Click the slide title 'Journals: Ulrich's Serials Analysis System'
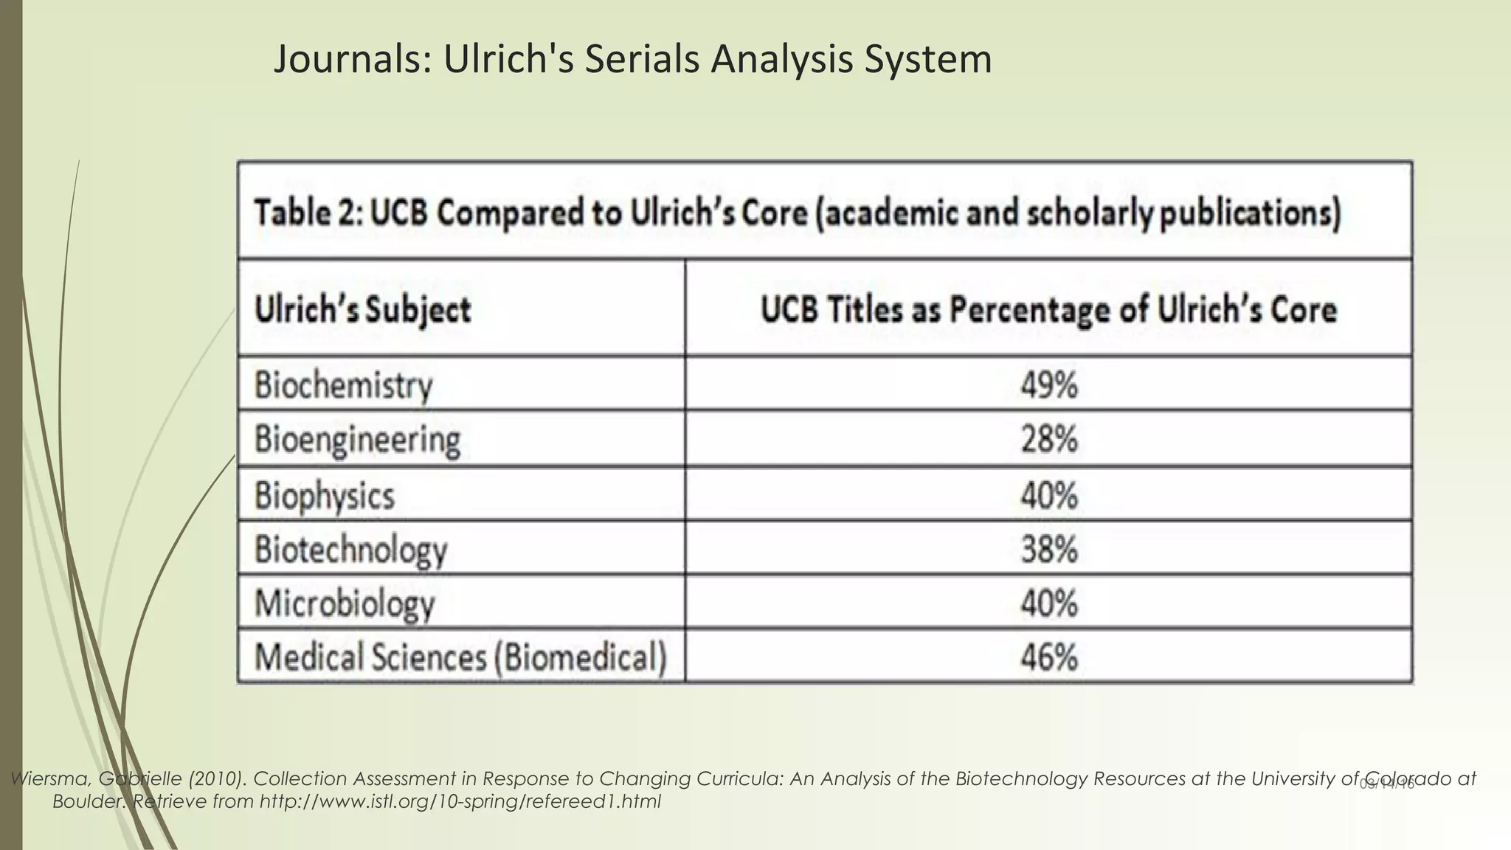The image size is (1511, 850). [632, 60]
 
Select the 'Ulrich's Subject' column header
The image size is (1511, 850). [362, 309]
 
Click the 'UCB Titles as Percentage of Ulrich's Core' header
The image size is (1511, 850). [1048, 309]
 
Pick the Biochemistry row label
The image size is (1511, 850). [343, 385]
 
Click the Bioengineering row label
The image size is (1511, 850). [357, 440]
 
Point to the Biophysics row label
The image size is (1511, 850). [325, 494]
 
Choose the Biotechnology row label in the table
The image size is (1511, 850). [350, 550]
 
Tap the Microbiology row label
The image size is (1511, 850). [345, 604]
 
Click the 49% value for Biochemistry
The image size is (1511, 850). [1048, 385]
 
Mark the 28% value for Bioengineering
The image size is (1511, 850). [1048, 440]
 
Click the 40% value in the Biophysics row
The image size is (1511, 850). [1048, 494]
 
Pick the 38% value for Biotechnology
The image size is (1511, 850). [1048, 550]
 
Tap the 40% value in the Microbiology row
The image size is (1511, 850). [1048, 604]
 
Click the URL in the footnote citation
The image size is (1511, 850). [460, 801]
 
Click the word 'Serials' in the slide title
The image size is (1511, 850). [641, 60]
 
